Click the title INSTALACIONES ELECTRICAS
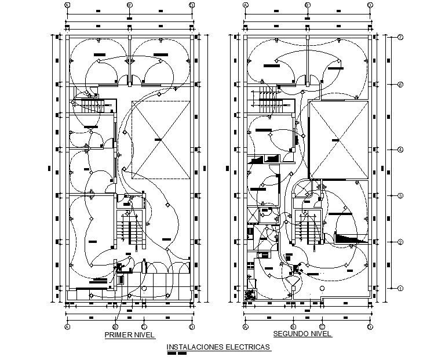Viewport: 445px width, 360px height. click(218, 347)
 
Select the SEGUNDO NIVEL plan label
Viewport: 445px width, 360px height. click(302, 334)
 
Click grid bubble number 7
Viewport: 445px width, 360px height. click(400, 38)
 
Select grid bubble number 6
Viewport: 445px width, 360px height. click(400, 85)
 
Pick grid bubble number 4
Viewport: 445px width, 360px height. click(400, 150)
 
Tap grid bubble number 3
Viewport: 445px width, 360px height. click(400, 195)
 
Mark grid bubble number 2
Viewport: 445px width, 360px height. click(400, 242)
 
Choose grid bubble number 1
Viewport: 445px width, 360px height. click(400, 288)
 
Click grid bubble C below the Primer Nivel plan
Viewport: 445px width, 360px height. click(144, 327)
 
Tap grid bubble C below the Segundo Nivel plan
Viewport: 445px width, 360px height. click(322, 327)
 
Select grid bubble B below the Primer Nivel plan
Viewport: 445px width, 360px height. click(116, 327)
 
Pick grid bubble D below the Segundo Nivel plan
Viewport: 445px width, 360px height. click(369, 327)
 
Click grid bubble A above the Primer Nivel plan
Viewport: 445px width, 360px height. click(67, 5)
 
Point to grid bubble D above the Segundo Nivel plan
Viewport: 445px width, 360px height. click(369, 5)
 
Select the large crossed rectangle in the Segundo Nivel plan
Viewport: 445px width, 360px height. click(338, 140)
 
